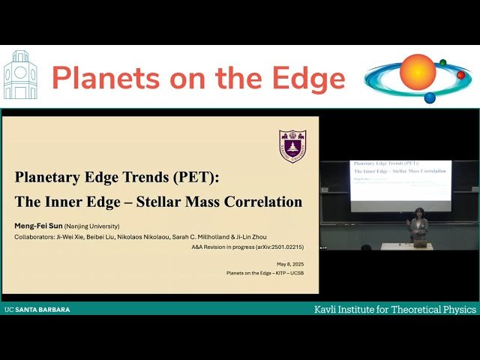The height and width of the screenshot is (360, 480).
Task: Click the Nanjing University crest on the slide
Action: click(x=292, y=145)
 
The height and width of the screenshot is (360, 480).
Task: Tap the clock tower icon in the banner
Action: click(x=20, y=76)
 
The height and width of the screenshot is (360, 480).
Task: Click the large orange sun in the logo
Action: click(x=418, y=72)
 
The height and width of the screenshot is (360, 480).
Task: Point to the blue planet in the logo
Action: click(x=430, y=97)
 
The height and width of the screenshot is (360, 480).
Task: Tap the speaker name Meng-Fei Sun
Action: click(x=38, y=226)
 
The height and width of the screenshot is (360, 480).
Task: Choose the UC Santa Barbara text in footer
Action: click(x=37, y=309)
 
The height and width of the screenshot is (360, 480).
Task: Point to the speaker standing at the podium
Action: click(x=419, y=224)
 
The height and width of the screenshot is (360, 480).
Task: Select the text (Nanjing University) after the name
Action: click(x=91, y=226)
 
